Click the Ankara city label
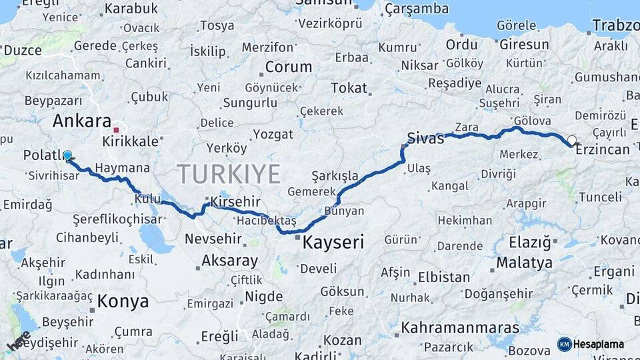coord(81,121)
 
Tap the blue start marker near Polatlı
coord(67,157)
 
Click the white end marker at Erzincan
coord(572,141)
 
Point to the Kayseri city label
coord(333,242)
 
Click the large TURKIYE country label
coord(229,174)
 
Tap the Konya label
coord(123,301)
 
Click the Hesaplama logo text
coord(599,345)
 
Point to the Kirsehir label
coord(235,201)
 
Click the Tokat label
coord(349,87)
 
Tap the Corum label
coord(289,67)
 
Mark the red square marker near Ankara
coord(116,130)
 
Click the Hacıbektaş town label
coord(266,220)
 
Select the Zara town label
coord(467,127)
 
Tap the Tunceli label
coord(600,197)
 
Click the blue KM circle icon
coord(564,344)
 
